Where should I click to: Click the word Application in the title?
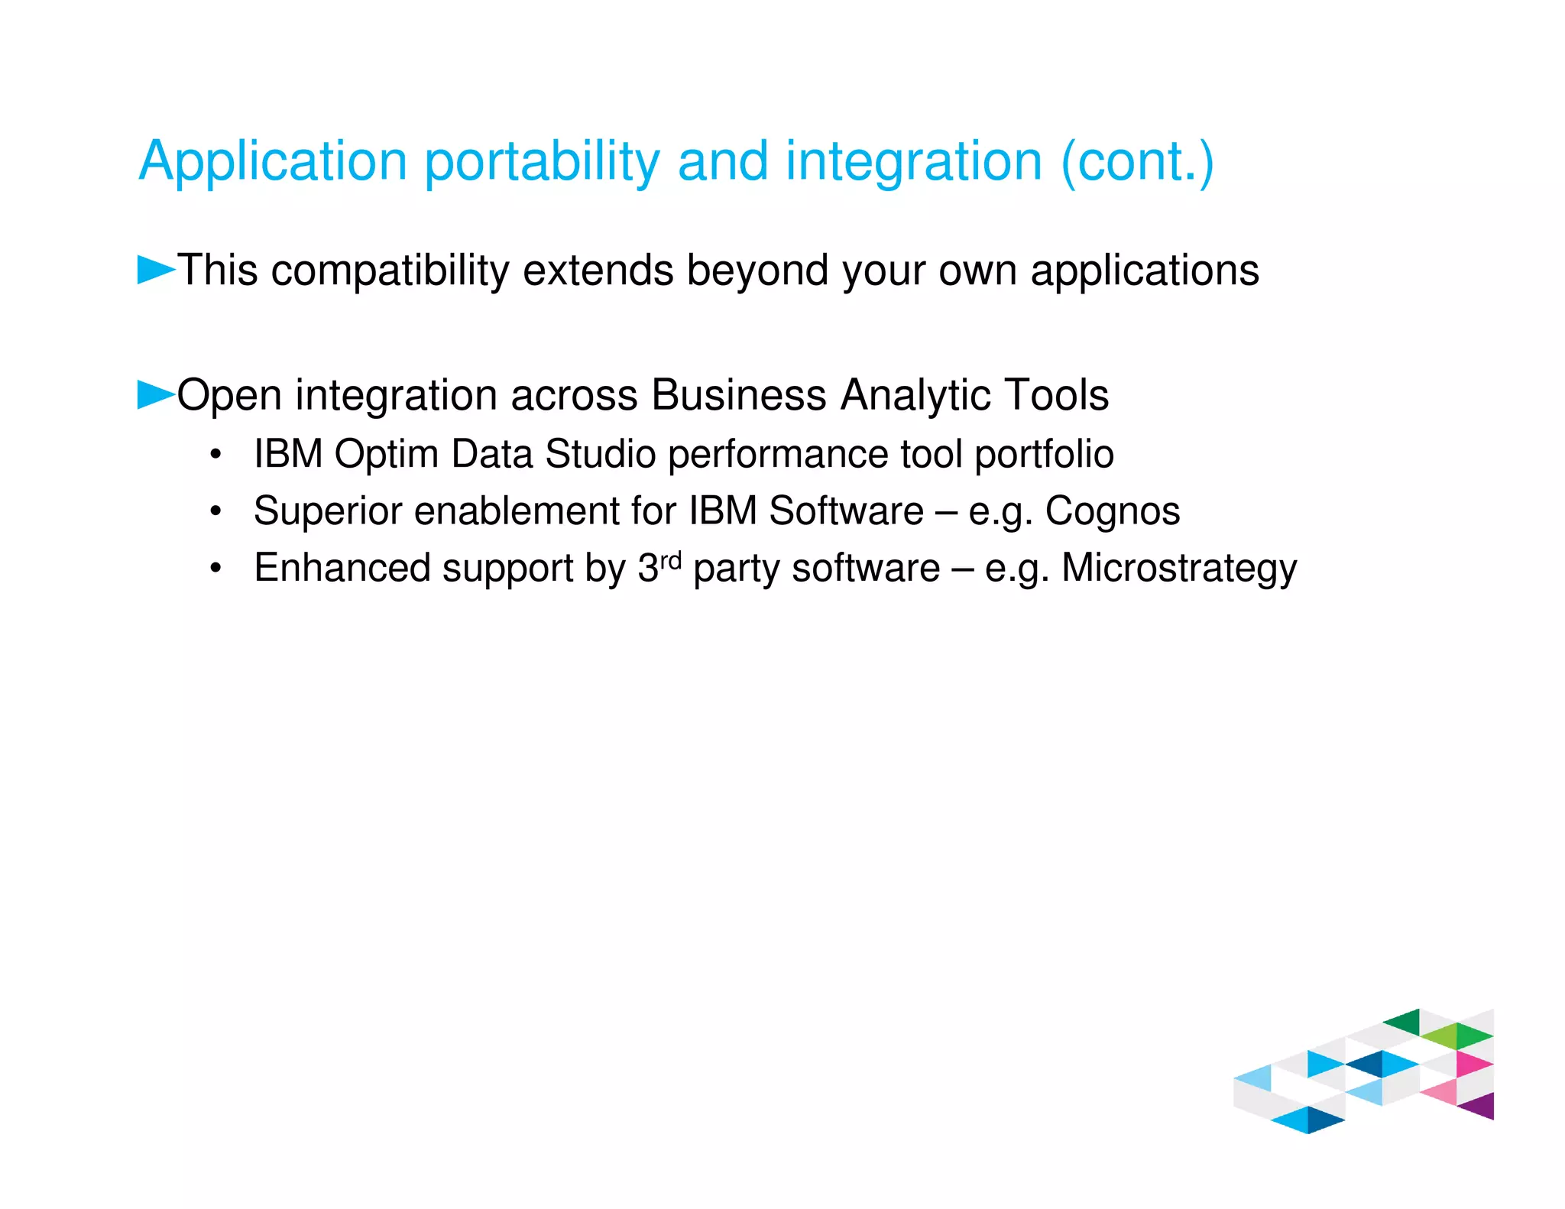click(x=273, y=162)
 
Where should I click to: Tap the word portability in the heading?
click(x=541, y=162)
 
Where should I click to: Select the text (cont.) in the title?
click(x=1136, y=162)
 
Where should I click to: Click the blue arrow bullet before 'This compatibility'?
click(x=155, y=270)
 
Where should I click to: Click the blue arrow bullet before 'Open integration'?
click(x=155, y=394)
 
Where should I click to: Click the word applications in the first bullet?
click(x=1144, y=271)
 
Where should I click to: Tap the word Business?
click(x=738, y=395)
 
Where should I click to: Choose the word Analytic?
click(x=915, y=397)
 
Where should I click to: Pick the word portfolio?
click(x=1044, y=455)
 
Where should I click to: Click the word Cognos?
click(x=1112, y=511)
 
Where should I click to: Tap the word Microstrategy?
click(x=1178, y=569)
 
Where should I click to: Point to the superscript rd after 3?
click(x=670, y=560)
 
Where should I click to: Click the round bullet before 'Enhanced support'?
click(x=216, y=569)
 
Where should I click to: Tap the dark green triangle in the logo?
click(x=1405, y=1022)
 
